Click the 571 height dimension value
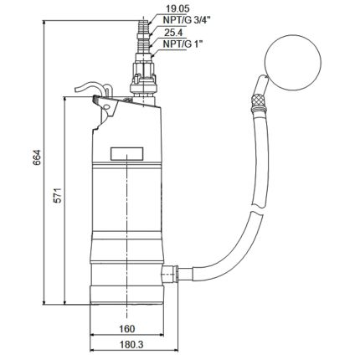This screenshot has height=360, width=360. (x=54, y=202)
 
